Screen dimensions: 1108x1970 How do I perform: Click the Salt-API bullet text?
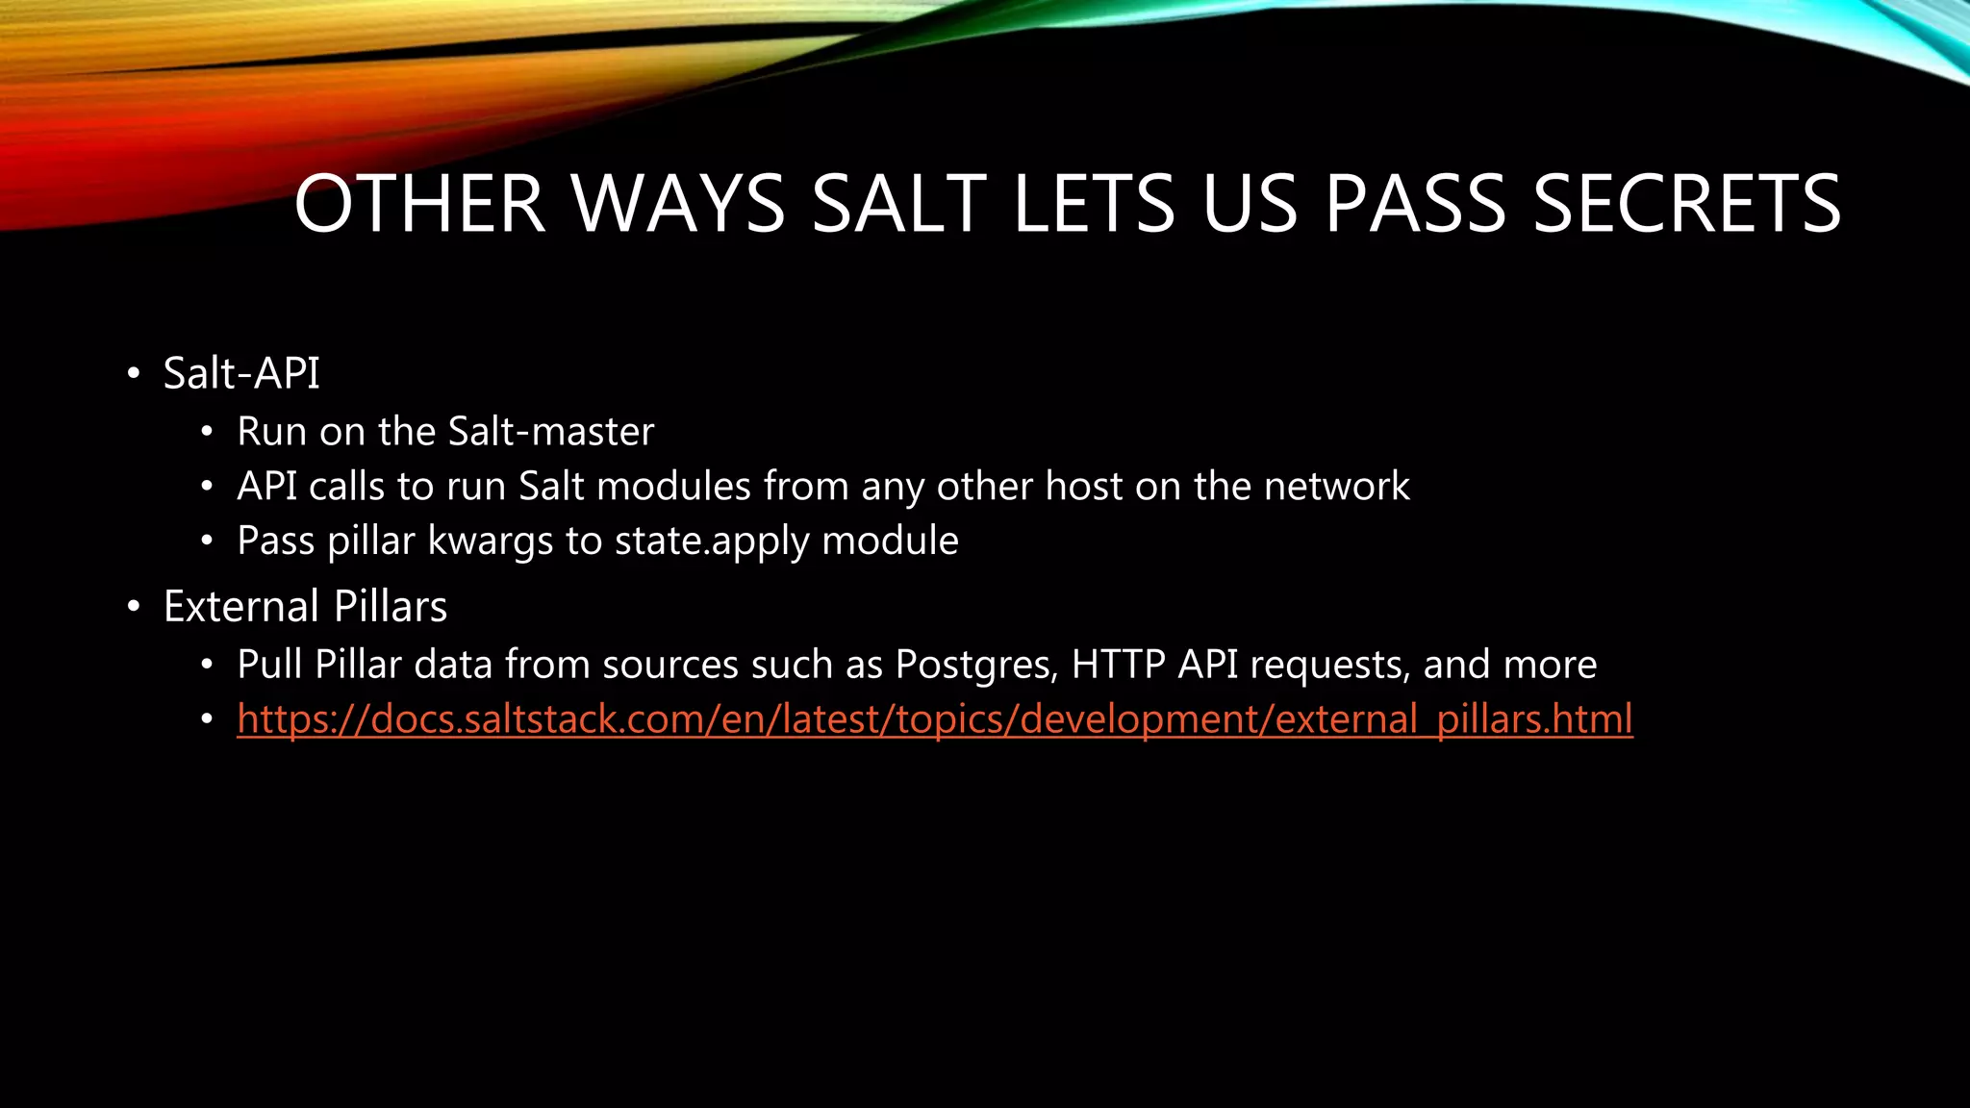pos(241,373)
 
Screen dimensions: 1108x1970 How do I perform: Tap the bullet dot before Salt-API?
pos(134,374)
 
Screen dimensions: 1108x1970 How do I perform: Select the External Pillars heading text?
pos(305,607)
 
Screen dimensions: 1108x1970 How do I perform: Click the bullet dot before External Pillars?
pos(134,608)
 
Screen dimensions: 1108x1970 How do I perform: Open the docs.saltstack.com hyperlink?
pos(934,719)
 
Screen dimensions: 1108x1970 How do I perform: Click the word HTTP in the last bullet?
pos(1118,665)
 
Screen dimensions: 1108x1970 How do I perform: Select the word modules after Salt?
pos(673,487)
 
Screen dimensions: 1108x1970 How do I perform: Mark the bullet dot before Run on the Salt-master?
pos(207,433)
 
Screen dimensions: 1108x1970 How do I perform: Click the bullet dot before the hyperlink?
pos(207,720)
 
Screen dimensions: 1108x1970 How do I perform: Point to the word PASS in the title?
pos(1414,204)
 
